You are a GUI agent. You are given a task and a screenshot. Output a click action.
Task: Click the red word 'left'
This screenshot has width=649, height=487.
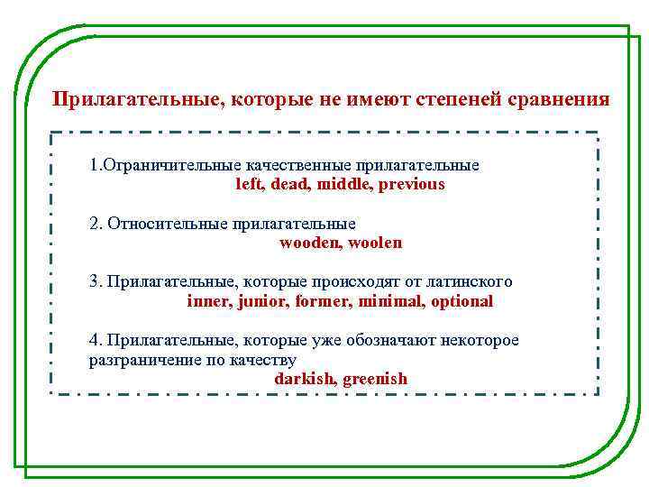(x=246, y=184)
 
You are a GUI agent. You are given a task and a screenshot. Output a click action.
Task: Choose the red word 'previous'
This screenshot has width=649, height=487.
(x=412, y=184)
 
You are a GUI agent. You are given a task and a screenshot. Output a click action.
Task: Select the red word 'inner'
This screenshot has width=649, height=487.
(x=207, y=301)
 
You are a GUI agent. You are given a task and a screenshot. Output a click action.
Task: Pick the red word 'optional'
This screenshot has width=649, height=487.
(x=462, y=301)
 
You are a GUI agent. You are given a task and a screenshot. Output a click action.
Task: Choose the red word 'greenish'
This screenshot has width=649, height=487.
(x=375, y=379)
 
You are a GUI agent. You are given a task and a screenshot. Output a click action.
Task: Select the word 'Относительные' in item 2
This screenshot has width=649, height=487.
(x=167, y=224)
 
